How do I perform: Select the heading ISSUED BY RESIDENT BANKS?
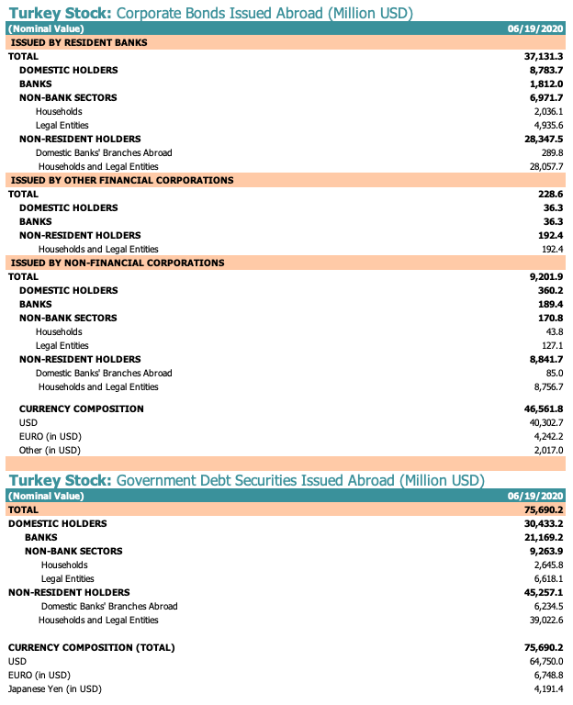pyautogui.click(x=78, y=43)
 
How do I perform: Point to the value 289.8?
pyautogui.click(x=552, y=153)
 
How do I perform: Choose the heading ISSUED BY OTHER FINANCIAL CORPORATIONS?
pyautogui.click(x=121, y=181)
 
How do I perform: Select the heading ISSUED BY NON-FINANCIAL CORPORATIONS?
pyautogui.click(x=117, y=263)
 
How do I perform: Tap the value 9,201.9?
pyautogui.click(x=545, y=277)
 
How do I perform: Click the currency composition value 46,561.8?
pyautogui.click(x=543, y=409)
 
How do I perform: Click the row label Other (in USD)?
pyautogui.click(x=50, y=451)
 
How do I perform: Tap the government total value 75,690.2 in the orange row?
pyautogui.click(x=543, y=509)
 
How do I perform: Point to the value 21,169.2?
pyautogui.click(x=543, y=538)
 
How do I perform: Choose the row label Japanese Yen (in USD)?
pyautogui.click(x=54, y=688)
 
